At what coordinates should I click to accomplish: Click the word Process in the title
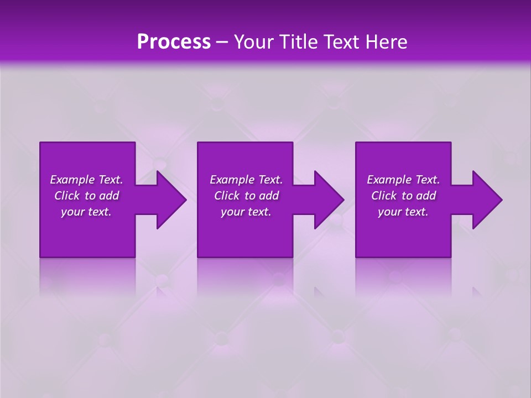tap(174, 42)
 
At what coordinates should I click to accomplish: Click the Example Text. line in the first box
tap(86, 180)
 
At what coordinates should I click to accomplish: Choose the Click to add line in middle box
tap(246, 196)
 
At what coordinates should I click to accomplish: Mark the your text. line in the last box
tap(403, 212)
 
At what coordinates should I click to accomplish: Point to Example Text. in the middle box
tap(246, 180)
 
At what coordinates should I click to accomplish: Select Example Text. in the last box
tap(403, 180)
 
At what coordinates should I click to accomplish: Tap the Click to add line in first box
tap(86, 196)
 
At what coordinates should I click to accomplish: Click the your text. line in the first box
tap(86, 212)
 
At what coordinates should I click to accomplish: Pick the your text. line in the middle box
tap(246, 212)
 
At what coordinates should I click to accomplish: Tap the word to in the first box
tap(90, 196)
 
